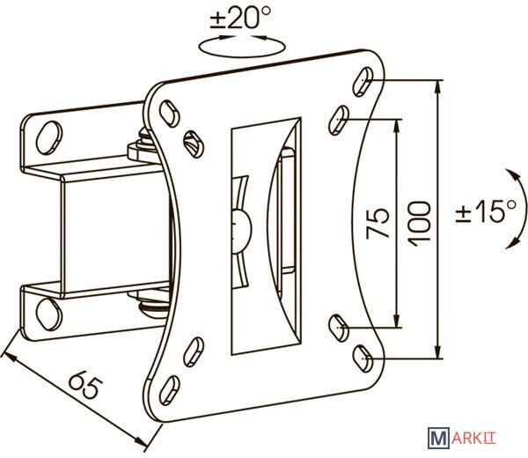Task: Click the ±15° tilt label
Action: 486,211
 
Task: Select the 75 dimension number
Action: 378,223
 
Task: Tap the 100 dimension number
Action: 419,224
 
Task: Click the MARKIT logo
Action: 462,438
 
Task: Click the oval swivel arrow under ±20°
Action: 241,46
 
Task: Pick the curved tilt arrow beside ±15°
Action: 516,210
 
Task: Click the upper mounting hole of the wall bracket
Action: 49,137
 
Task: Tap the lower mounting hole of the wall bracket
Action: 49,314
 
